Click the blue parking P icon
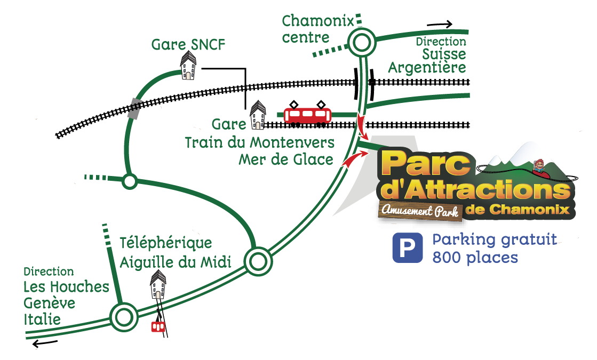coord(407,248)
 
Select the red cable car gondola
coord(157,326)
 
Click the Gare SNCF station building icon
coord(188,66)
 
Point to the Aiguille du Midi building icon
coord(158,284)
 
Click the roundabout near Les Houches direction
coord(123,317)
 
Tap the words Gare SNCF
coord(188,44)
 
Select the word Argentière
coord(427,68)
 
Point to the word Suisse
coord(444,54)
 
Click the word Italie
coord(42,319)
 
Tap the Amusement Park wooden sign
coord(420,211)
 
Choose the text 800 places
coord(475,257)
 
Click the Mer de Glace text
coord(286,159)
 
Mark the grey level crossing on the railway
coord(135,108)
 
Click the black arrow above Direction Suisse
coord(440,24)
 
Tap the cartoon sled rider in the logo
coord(540,167)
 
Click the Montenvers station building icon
coord(258,116)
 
